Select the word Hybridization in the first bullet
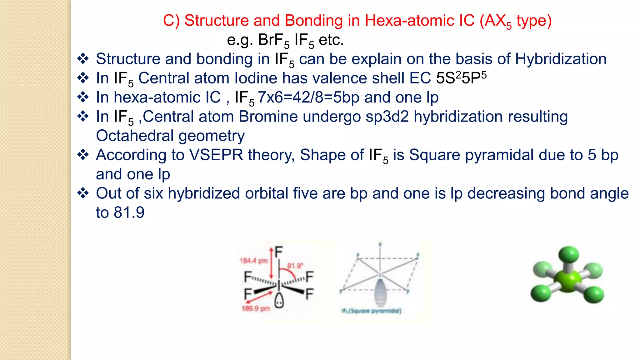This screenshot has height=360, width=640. pyautogui.click(x=561, y=59)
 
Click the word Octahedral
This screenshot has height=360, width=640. pyautogui.click(x=135, y=136)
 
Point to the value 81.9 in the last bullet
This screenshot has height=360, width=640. pyautogui.click(x=129, y=213)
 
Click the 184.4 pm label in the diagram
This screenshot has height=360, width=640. pyautogui.click(x=253, y=261)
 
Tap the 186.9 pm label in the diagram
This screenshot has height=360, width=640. pyautogui.click(x=256, y=309)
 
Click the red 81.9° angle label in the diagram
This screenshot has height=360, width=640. pyautogui.click(x=295, y=266)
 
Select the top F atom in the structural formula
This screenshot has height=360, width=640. pyautogui.click(x=279, y=252)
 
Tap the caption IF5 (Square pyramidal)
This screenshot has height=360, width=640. pyautogui.click(x=371, y=311)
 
